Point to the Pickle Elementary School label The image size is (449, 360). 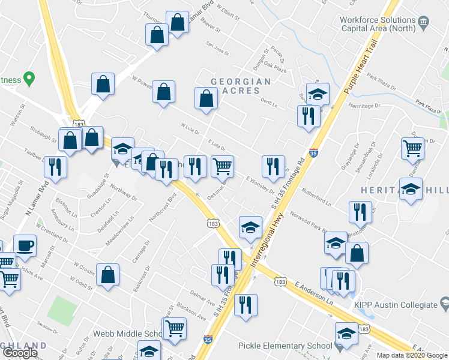(285, 346)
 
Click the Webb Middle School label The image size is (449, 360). (128, 334)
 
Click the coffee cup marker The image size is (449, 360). (25, 245)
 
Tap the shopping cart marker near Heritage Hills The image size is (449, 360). (412, 148)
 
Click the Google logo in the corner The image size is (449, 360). (20, 353)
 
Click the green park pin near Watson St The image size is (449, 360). (28, 79)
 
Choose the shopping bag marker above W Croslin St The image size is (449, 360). (107, 275)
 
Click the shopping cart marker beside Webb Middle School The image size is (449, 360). (175, 328)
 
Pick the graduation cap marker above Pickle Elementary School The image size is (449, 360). (347, 334)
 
